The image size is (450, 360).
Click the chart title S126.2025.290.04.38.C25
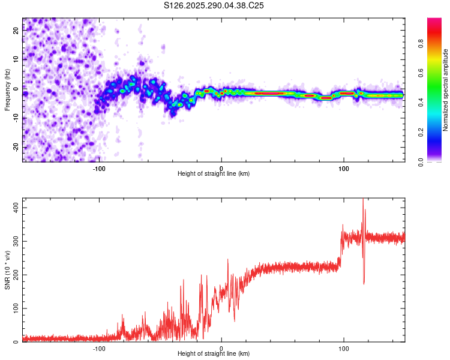pos(214,6)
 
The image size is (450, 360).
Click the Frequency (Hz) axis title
pos(7,89)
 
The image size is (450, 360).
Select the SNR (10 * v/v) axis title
pos(7,271)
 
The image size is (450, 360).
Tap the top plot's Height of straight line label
pos(214,173)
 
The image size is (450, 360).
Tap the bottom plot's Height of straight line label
pos(214,353)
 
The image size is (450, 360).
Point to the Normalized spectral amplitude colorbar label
pos(446,90)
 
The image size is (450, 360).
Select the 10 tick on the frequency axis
pos(16,59)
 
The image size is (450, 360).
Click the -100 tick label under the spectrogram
pos(99,168)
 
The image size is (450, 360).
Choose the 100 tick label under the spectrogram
pos(343,168)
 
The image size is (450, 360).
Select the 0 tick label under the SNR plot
pos(221,348)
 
